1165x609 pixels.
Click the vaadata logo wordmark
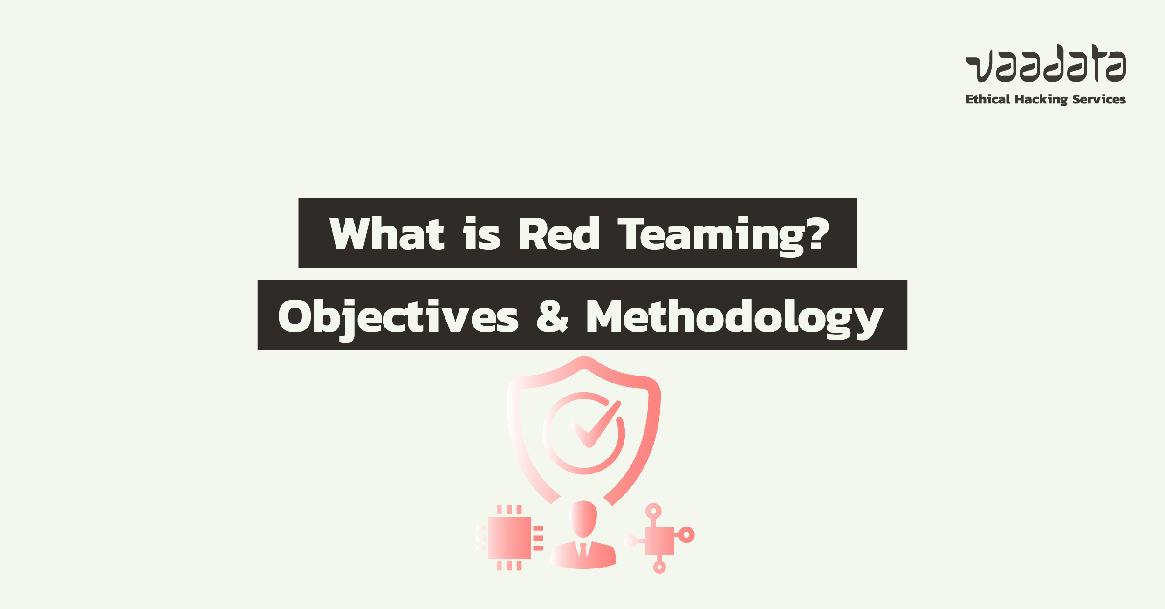1046,63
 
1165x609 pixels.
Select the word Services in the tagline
1099,99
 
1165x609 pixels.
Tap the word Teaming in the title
711,236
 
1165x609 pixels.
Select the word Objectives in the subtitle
398,320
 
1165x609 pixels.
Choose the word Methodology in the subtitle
734,319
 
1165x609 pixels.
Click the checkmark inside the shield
596,424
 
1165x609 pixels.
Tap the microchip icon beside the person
509,537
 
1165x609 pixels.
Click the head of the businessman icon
583,519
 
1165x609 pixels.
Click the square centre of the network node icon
659,541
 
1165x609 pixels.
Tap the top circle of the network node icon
653,511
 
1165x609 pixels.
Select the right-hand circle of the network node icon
686,535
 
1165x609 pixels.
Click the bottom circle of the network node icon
659,567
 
